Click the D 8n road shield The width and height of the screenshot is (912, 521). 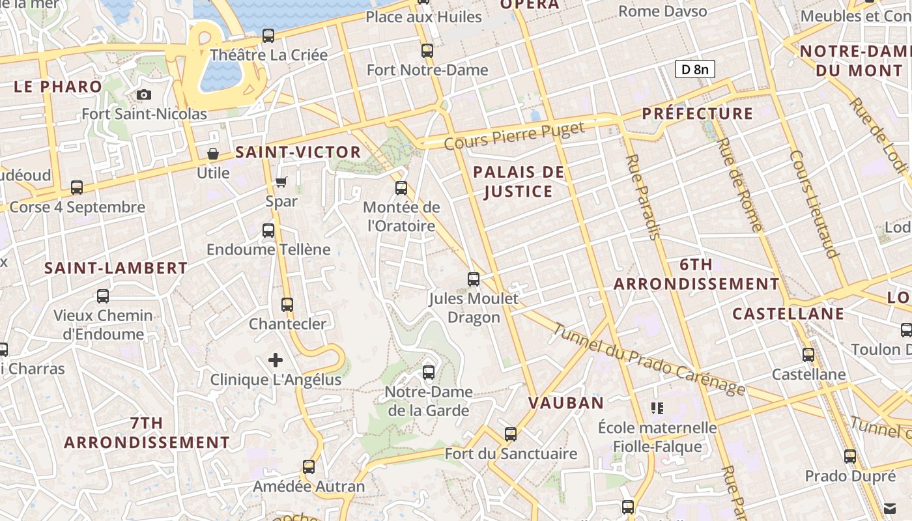point(694,69)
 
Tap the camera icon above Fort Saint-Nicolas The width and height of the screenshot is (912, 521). point(144,95)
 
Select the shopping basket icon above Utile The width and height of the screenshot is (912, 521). point(213,154)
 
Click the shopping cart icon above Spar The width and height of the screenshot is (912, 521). point(281,182)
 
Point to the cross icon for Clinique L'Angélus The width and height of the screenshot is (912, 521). point(276,359)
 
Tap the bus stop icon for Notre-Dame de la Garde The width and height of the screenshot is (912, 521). point(428,373)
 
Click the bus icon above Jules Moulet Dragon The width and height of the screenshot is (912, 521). point(474,279)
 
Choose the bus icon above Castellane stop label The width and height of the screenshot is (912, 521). point(808,355)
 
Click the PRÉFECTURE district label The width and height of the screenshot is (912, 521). point(697,113)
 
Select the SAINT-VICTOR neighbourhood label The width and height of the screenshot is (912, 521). point(298,152)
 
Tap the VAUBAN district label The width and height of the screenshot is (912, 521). point(566,403)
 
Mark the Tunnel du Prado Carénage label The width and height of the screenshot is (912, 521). point(648,359)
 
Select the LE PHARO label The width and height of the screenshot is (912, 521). point(58,87)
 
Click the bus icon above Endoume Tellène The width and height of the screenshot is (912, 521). point(268,231)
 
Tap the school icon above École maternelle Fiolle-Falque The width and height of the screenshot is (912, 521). point(657,408)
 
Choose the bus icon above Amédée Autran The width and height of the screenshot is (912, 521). point(309,467)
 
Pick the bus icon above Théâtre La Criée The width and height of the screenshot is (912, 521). point(268,36)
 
